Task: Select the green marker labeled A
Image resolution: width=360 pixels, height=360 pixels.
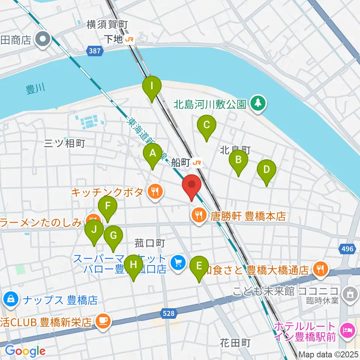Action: [x=153, y=154]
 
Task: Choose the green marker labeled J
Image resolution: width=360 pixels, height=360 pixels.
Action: [x=94, y=229]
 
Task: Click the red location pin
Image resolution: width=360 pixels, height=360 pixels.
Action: [x=192, y=185]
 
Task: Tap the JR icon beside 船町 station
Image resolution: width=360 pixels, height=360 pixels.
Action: [x=197, y=163]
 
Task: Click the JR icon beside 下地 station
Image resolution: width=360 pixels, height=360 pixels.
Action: [x=130, y=39]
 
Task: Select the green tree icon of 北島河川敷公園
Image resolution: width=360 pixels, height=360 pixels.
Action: [x=258, y=103]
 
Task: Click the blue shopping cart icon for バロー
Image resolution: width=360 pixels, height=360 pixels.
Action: [x=178, y=262]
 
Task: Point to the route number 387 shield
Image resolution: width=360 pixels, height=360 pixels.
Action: [x=95, y=50]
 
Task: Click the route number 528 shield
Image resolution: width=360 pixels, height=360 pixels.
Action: [x=169, y=313]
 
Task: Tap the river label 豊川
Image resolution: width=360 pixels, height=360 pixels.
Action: [x=35, y=89]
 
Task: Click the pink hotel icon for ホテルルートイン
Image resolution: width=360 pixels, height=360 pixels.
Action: [x=346, y=330]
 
